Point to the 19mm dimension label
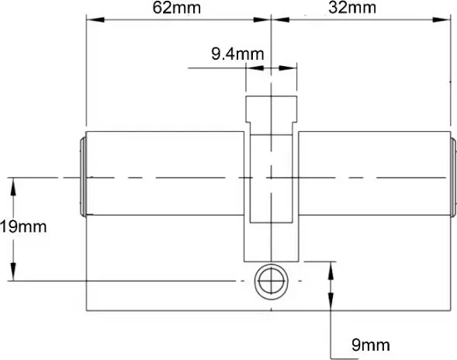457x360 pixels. click(x=23, y=227)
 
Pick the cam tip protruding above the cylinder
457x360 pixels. click(x=271, y=109)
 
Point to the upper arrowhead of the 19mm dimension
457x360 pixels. click(x=12, y=183)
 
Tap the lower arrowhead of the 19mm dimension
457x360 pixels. click(x=12, y=275)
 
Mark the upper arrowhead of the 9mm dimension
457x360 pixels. click(x=332, y=267)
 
